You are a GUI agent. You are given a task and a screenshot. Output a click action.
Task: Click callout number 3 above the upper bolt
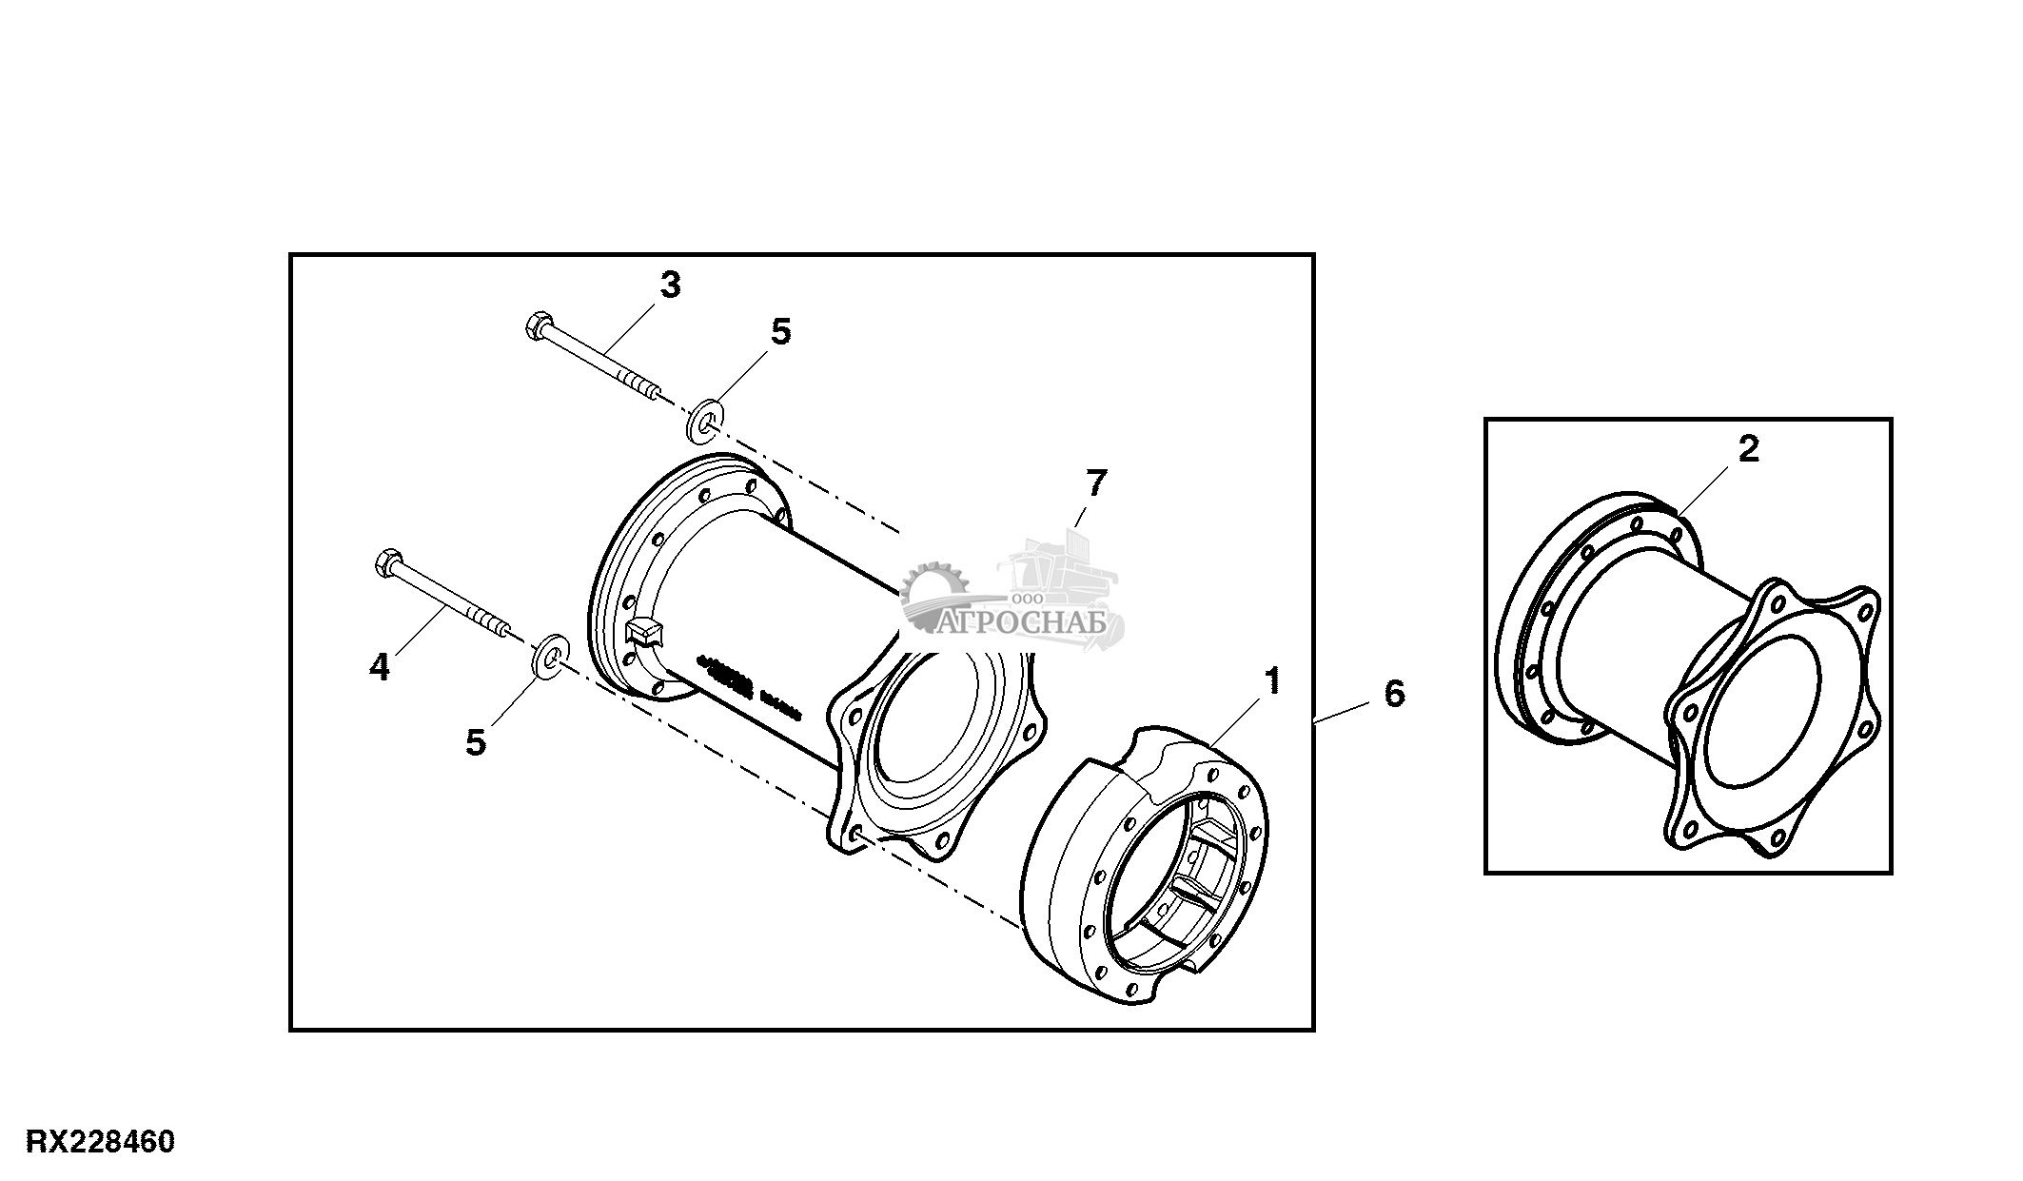tap(670, 285)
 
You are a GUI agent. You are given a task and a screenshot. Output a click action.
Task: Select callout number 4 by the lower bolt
tap(380, 668)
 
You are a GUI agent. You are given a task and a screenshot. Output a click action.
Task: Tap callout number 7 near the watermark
tap(1095, 483)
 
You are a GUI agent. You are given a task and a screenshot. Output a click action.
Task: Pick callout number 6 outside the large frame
tap(1393, 693)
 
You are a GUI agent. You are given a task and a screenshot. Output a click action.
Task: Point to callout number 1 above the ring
tap(1272, 681)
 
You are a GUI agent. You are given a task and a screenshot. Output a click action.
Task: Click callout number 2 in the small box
tap(1749, 449)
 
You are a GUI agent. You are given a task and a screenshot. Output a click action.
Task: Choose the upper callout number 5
tap(780, 332)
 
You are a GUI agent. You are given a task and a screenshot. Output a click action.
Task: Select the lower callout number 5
tap(475, 742)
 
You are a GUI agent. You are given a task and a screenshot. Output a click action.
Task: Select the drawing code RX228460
tap(100, 1141)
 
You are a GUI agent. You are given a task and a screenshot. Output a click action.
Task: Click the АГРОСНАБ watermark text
tap(1022, 623)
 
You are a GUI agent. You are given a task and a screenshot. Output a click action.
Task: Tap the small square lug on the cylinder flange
tap(641, 633)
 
